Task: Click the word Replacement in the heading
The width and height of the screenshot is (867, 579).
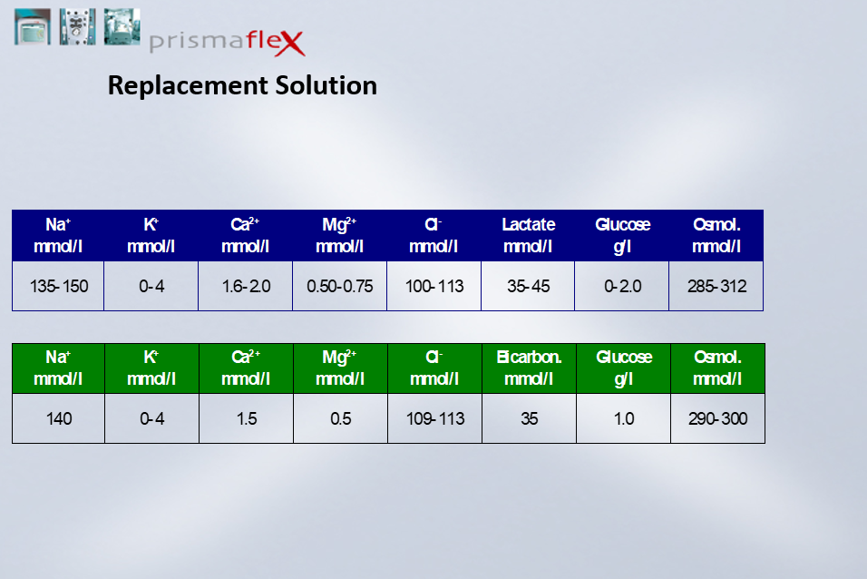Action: (x=188, y=85)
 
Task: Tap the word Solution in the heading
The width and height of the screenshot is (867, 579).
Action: (x=326, y=85)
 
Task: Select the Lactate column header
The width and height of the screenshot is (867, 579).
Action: (x=528, y=235)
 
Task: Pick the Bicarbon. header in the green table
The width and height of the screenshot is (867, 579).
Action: (x=529, y=368)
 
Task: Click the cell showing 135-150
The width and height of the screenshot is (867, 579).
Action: (x=59, y=286)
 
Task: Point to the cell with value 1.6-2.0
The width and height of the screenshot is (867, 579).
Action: (x=246, y=286)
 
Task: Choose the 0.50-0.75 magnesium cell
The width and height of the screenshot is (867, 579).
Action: (x=339, y=286)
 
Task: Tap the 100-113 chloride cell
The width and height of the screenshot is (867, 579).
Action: (x=434, y=286)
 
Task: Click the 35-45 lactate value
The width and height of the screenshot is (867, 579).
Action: (x=528, y=286)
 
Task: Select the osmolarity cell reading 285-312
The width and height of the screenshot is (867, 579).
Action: (x=716, y=286)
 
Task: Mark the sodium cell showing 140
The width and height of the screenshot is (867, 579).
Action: (x=59, y=418)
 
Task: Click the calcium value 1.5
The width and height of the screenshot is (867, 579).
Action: (x=246, y=418)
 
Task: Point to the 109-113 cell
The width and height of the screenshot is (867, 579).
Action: (x=435, y=418)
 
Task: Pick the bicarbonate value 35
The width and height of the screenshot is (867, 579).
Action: (x=529, y=418)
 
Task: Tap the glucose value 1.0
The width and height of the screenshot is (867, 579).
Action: (x=624, y=418)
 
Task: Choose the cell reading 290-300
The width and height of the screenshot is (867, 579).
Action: (x=717, y=418)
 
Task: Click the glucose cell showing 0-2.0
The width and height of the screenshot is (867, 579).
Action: (x=622, y=286)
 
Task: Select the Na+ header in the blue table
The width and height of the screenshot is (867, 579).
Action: (x=58, y=235)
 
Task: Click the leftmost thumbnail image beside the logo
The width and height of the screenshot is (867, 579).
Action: (x=33, y=26)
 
